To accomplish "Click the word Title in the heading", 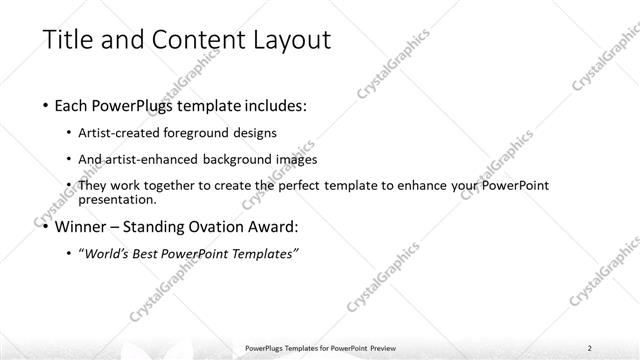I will pyautogui.click(x=69, y=40).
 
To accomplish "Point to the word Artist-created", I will pyautogui.click(x=119, y=132).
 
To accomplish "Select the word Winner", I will pyautogui.click(x=79, y=226).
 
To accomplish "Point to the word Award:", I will pyautogui.click(x=271, y=226).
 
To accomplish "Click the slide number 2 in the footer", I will pyautogui.click(x=590, y=348).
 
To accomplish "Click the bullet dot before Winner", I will pyautogui.click(x=46, y=227).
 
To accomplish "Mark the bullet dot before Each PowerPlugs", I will pyautogui.click(x=46, y=105).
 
